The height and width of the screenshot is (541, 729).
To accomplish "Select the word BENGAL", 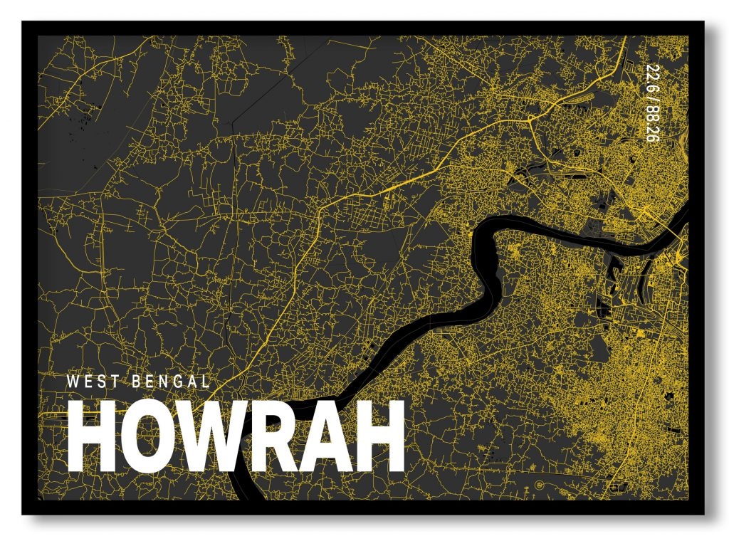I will click(171, 381).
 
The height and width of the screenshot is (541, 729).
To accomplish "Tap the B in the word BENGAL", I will click(137, 381).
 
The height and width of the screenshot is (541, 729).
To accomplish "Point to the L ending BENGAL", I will click(206, 381).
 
